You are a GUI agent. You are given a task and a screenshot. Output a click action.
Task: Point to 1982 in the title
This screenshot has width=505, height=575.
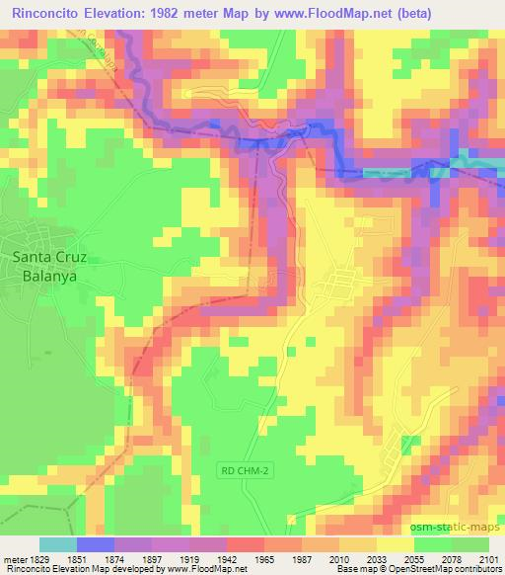click(187, 11)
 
